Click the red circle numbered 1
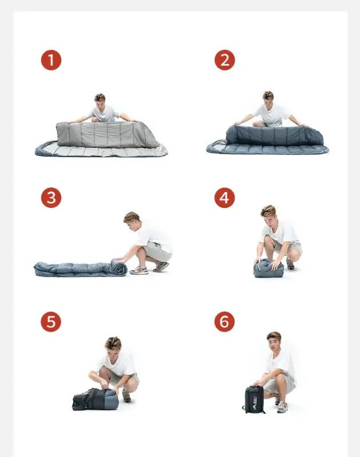51,61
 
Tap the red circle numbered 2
225,60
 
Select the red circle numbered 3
51,198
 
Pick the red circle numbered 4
225,198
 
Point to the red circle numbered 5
51,322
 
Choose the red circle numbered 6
225,322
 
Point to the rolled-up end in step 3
119,267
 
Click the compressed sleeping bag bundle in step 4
269,268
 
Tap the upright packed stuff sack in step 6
253,399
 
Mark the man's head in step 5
113,346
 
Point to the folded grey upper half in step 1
107,135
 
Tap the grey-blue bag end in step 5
111,399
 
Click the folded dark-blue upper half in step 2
275,135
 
